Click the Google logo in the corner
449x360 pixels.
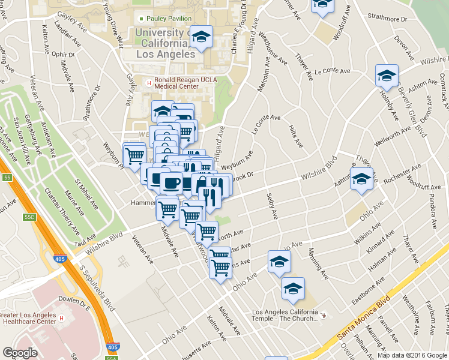[20, 353]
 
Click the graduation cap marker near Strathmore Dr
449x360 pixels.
[322, 5]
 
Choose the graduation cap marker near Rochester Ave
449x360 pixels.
[361, 179]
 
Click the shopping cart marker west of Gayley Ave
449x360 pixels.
[134, 155]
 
